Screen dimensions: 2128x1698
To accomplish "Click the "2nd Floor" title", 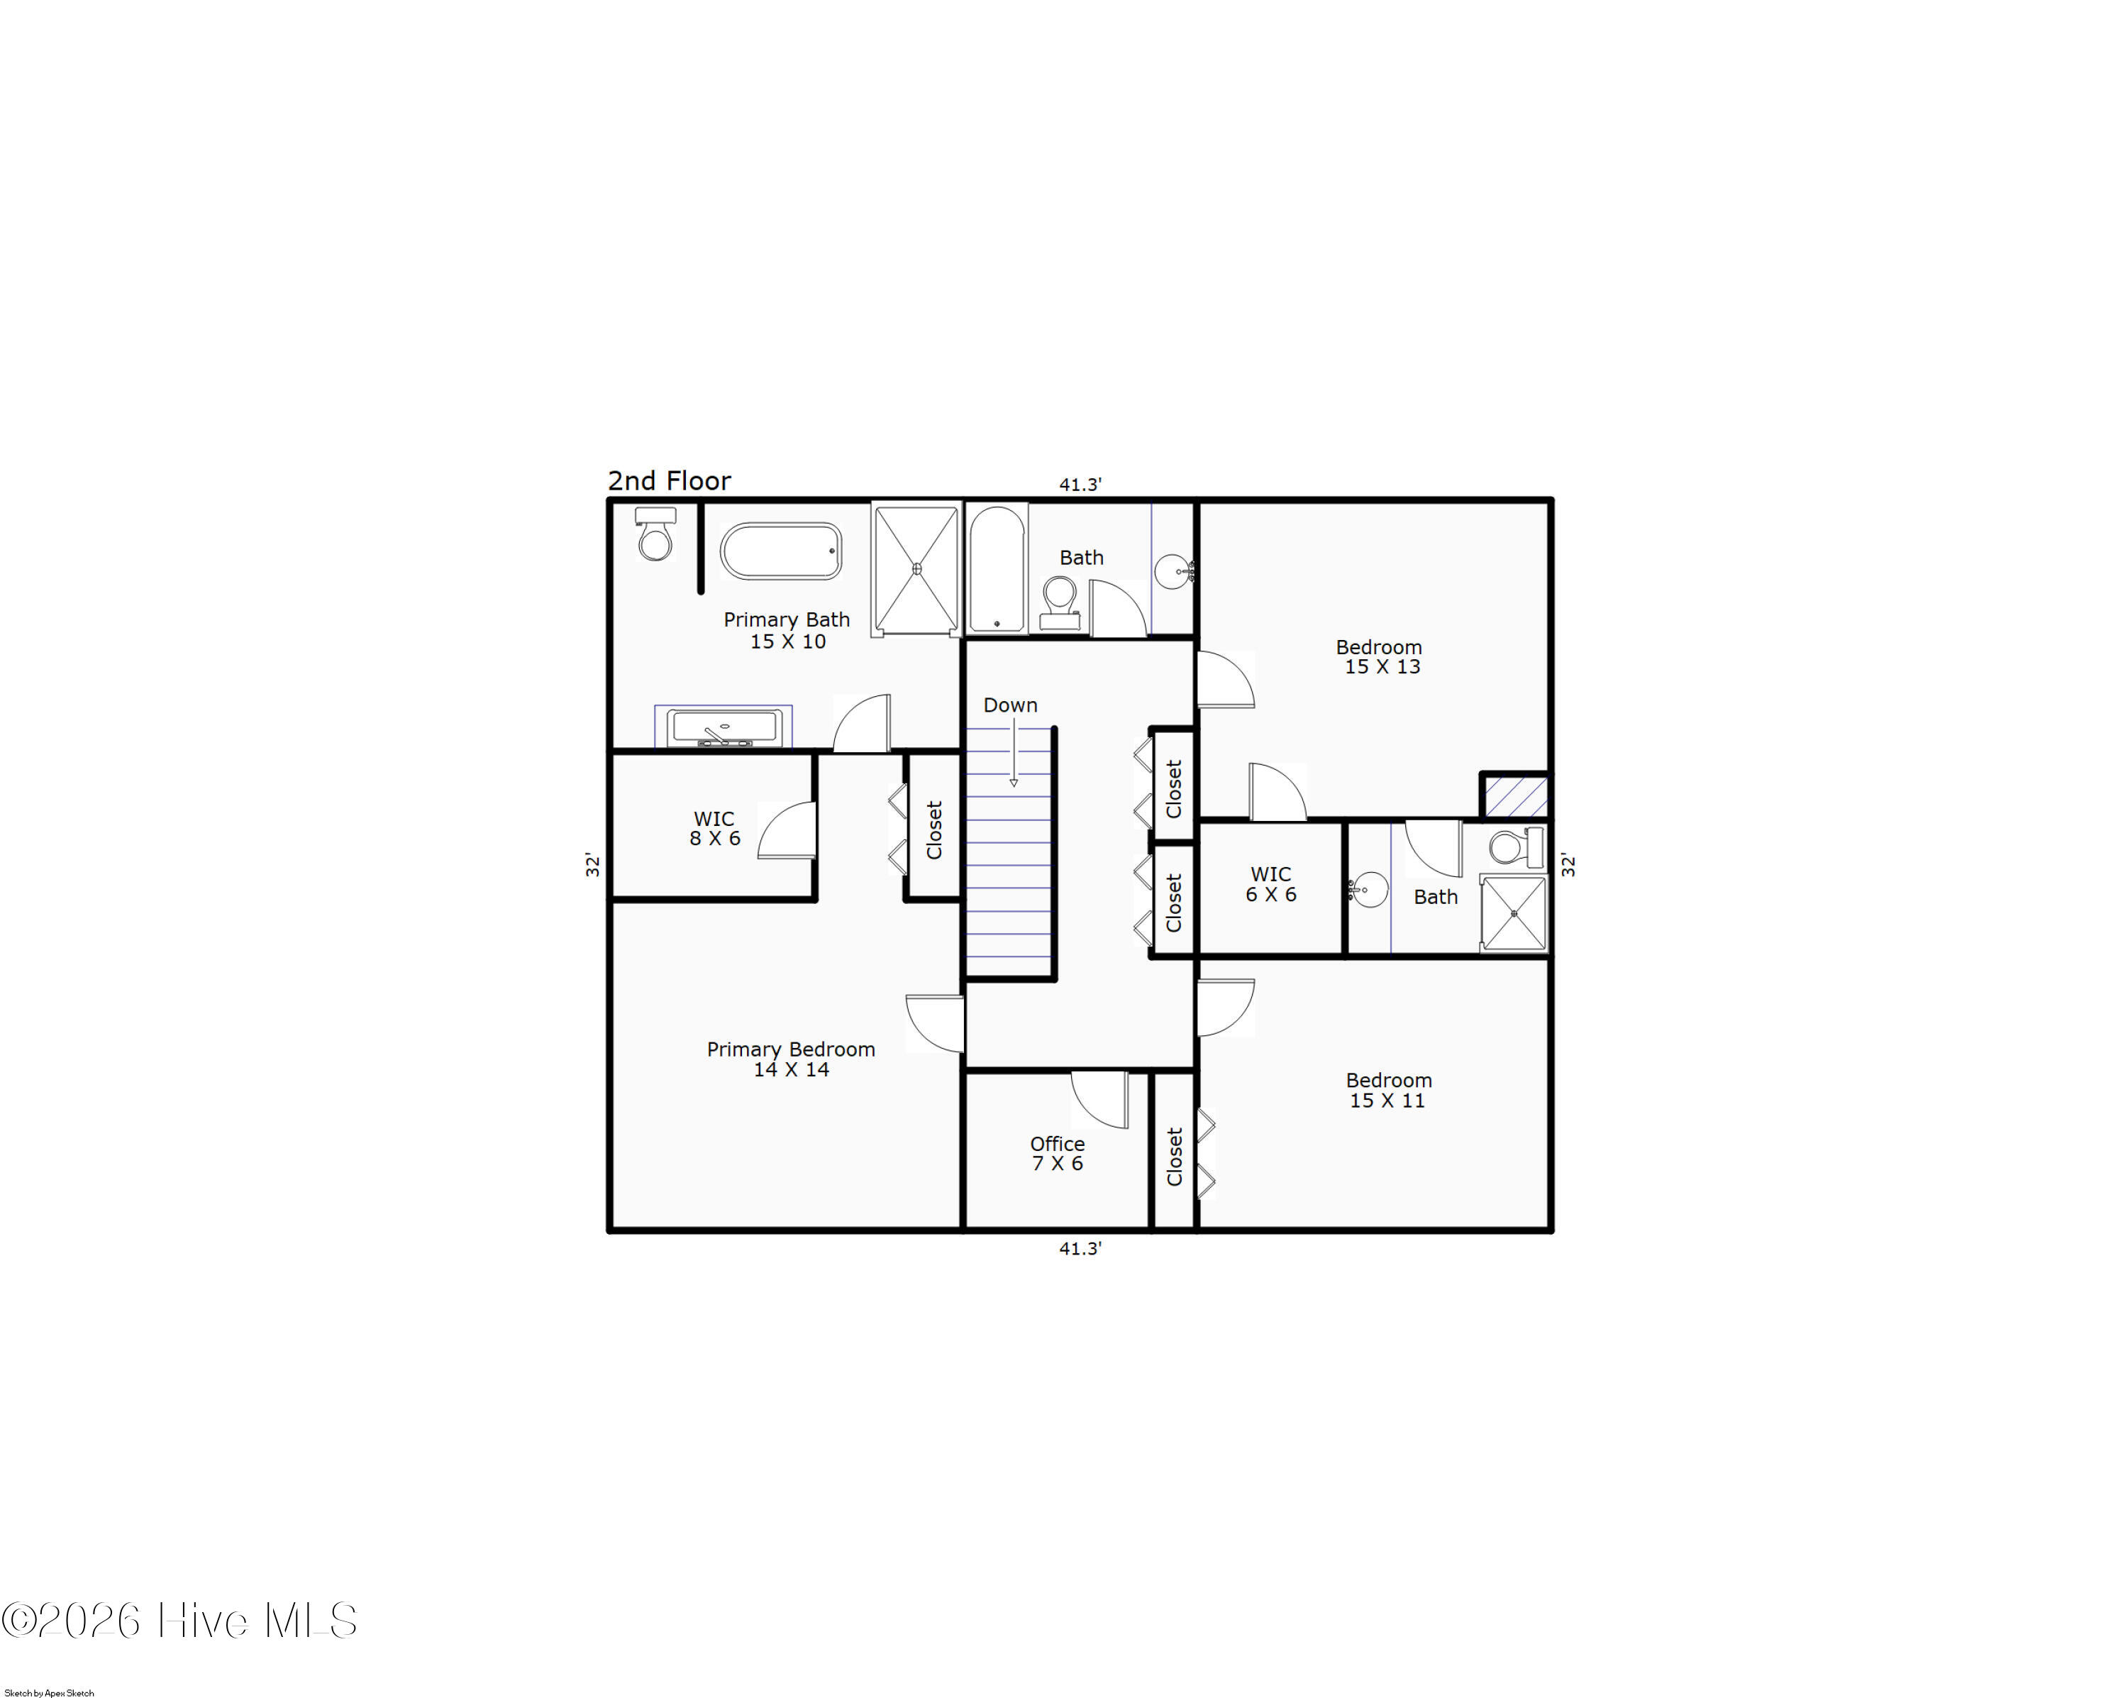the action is point(669,481).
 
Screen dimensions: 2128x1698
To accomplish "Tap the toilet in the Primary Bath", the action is point(655,534).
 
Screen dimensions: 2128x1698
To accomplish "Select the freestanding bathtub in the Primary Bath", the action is point(781,551).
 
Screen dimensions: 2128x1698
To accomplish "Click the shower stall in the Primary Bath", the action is point(916,568).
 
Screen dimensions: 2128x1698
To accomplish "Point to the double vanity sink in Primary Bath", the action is point(724,727).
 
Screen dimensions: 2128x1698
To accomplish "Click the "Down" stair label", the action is point(1009,705).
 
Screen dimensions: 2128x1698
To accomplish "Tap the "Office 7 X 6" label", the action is point(1057,1153).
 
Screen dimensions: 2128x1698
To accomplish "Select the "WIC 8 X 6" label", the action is point(714,828).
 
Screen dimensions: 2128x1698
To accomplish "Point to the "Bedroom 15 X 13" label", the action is point(1380,656).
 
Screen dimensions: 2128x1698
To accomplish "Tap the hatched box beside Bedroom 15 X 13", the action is point(1515,795).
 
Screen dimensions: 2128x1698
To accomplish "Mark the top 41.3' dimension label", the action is point(1080,485).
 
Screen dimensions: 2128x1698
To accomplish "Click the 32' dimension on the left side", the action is point(592,865).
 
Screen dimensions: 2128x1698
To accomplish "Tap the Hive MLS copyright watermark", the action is point(179,1621).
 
